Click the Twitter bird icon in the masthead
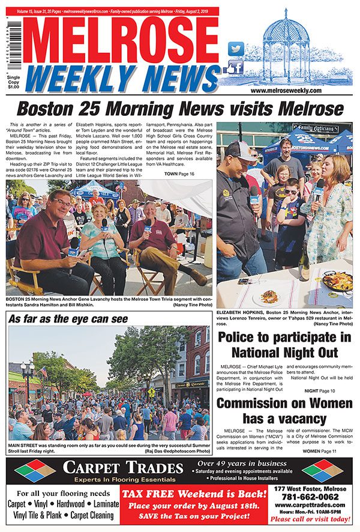tap(236, 49)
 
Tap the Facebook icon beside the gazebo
tap(235, 67)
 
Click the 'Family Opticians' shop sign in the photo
tap(316, 128)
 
